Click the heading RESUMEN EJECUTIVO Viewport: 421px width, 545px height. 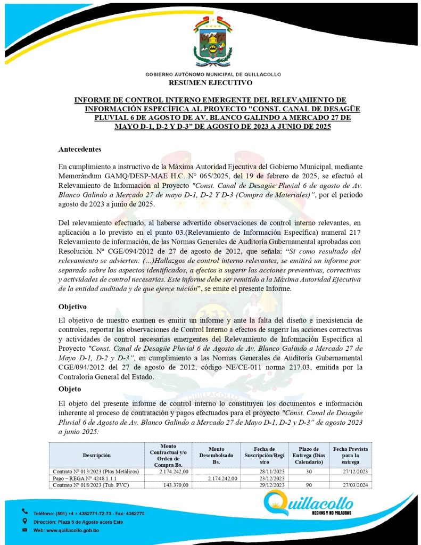pyautogui.click(x=210, y=83)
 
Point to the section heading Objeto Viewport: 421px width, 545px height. pyautogui.click(x=71, y=390)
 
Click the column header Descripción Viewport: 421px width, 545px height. pyautogui.click(x=96, y=455)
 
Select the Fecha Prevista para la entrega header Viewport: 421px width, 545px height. pyautogui.click(x=350, y=455)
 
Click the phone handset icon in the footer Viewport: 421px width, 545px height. pyautogui.click(x=24, y=512)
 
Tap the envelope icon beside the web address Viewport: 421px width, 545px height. pyautogui.click(x=24, y=531)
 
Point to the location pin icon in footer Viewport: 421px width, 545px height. pyautogui.click(x=24, y=522)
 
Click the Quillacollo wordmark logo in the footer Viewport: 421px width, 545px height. pyautogui.click(x=308, y=503)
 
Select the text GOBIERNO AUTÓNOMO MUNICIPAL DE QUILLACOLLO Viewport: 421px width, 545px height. pyautogui.click(x=210, y=75)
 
